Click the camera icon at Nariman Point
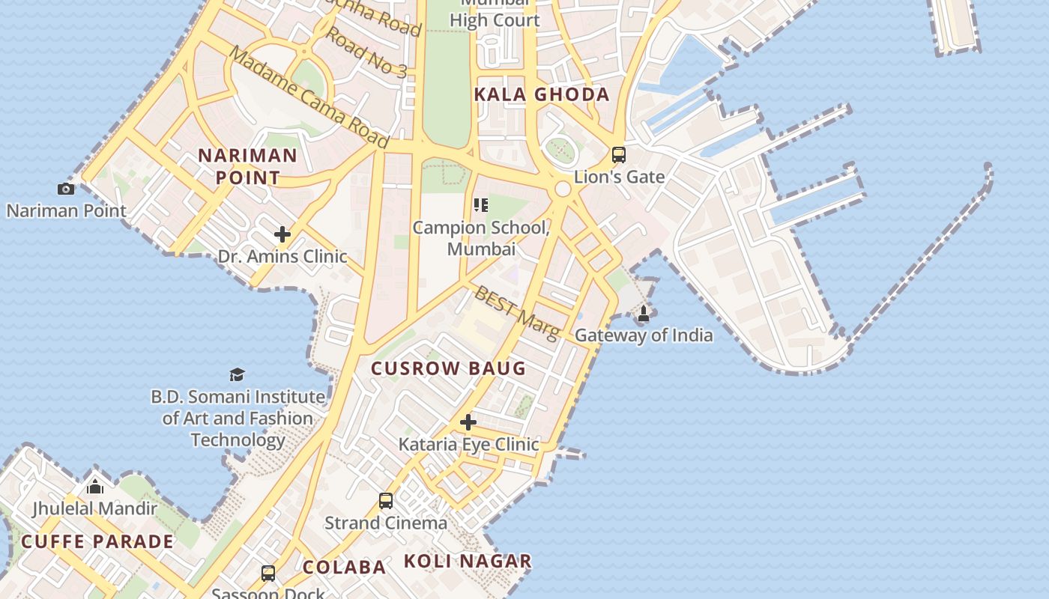click(x=66, y=189)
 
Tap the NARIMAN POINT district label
click(x=247, y=166)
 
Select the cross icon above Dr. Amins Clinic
click(x=282, y=234)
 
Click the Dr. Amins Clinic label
click(x=282, y=257)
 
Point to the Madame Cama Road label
click(x=309, y=97)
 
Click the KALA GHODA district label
click(x=542, y=94)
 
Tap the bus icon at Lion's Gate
click(x=619, y=155)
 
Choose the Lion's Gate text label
click(x=619, y=177)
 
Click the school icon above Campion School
click(x=481, y=205)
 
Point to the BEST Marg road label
click(x=516, y=312)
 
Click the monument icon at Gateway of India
click(x=643, y=314)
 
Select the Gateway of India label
click(x=644, y=335)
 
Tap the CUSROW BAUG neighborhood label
click(x=449, y=368)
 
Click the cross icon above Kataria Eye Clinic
click(x=468, y=422)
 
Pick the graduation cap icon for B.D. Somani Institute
click(x=238, y=374)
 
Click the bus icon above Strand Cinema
click(x=386, y=501)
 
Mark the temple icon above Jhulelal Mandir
click(x=95, y=487)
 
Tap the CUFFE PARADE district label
click(x=97, y=541)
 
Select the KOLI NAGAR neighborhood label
click(x=468, y=561)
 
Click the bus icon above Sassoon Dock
click(x=268, y=574)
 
